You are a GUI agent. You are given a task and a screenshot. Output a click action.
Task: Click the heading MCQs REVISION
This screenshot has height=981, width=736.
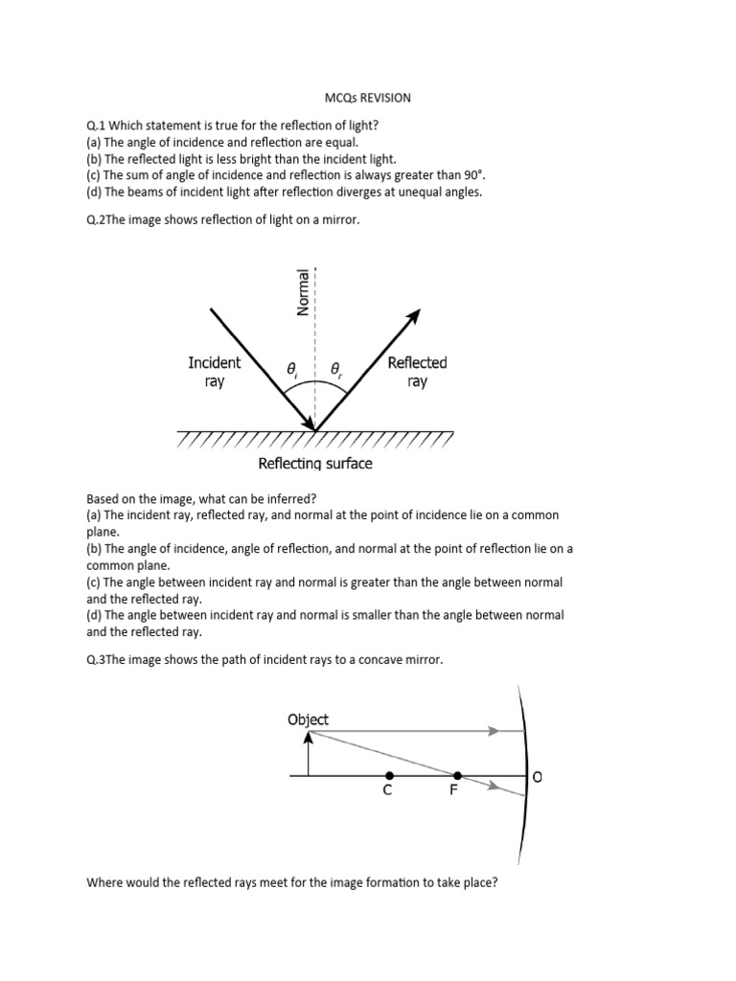coord(367,98)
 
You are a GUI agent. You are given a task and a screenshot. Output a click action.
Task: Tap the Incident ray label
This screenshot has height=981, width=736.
coord(215,372)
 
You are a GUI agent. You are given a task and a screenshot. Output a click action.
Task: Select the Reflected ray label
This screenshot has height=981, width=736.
coord(417,372)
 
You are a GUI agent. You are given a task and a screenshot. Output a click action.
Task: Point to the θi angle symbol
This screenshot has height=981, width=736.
coord(291,368)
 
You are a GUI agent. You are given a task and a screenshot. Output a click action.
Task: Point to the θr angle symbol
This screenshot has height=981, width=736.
coord(336,368)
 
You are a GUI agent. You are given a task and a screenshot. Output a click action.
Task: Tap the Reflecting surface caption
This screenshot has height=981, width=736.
coord(315,464)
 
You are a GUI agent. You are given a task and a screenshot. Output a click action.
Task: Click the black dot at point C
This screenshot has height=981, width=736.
coord(388,775)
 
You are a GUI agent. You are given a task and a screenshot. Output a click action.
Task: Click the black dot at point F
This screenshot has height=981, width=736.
coord(457,775)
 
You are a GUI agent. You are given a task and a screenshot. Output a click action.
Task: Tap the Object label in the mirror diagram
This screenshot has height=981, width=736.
coord(308,719)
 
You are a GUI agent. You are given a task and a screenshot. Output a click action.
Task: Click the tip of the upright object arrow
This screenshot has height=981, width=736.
coord(308,735)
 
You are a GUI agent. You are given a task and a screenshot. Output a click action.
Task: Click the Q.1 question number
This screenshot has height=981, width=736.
coord(97,125)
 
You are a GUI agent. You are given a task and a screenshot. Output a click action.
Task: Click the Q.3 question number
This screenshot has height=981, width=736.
coord(97,660)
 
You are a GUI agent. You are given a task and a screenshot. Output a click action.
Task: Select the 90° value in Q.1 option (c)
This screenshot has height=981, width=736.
coord(472,175)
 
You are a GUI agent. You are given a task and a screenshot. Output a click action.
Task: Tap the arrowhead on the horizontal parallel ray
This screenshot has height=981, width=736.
coord(494,731)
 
